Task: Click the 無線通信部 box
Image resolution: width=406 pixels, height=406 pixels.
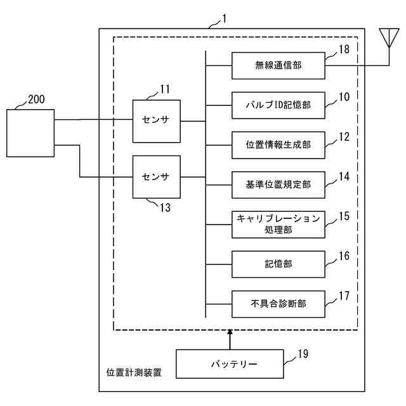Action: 278,65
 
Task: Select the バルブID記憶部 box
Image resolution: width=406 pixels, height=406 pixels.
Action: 278,105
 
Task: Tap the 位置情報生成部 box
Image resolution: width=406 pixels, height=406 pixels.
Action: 278,145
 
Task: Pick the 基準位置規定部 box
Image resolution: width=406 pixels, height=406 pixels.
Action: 278,185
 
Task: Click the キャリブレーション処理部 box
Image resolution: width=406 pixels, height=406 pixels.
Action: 278,225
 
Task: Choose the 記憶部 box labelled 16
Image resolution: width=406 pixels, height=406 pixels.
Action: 278,265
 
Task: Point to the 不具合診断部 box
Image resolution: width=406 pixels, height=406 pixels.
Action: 278,304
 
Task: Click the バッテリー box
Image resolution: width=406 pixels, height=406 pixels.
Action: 230,363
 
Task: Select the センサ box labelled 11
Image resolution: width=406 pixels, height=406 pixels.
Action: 157,121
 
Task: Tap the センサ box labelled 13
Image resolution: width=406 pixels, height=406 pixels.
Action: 157,177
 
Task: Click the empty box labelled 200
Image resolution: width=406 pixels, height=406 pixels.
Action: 30,133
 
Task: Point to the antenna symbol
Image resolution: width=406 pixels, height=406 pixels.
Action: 389,37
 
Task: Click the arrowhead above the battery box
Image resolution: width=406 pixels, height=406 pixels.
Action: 230,332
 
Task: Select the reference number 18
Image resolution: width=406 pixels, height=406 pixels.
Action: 344,49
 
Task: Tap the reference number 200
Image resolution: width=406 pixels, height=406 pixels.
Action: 36,99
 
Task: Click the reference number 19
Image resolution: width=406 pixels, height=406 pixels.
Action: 303,354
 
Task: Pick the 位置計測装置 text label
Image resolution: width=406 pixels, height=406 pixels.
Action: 134,372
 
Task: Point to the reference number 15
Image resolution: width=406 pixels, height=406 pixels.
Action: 344,216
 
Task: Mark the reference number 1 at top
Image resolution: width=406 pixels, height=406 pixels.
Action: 224,19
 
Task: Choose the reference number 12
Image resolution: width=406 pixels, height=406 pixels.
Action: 344,137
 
